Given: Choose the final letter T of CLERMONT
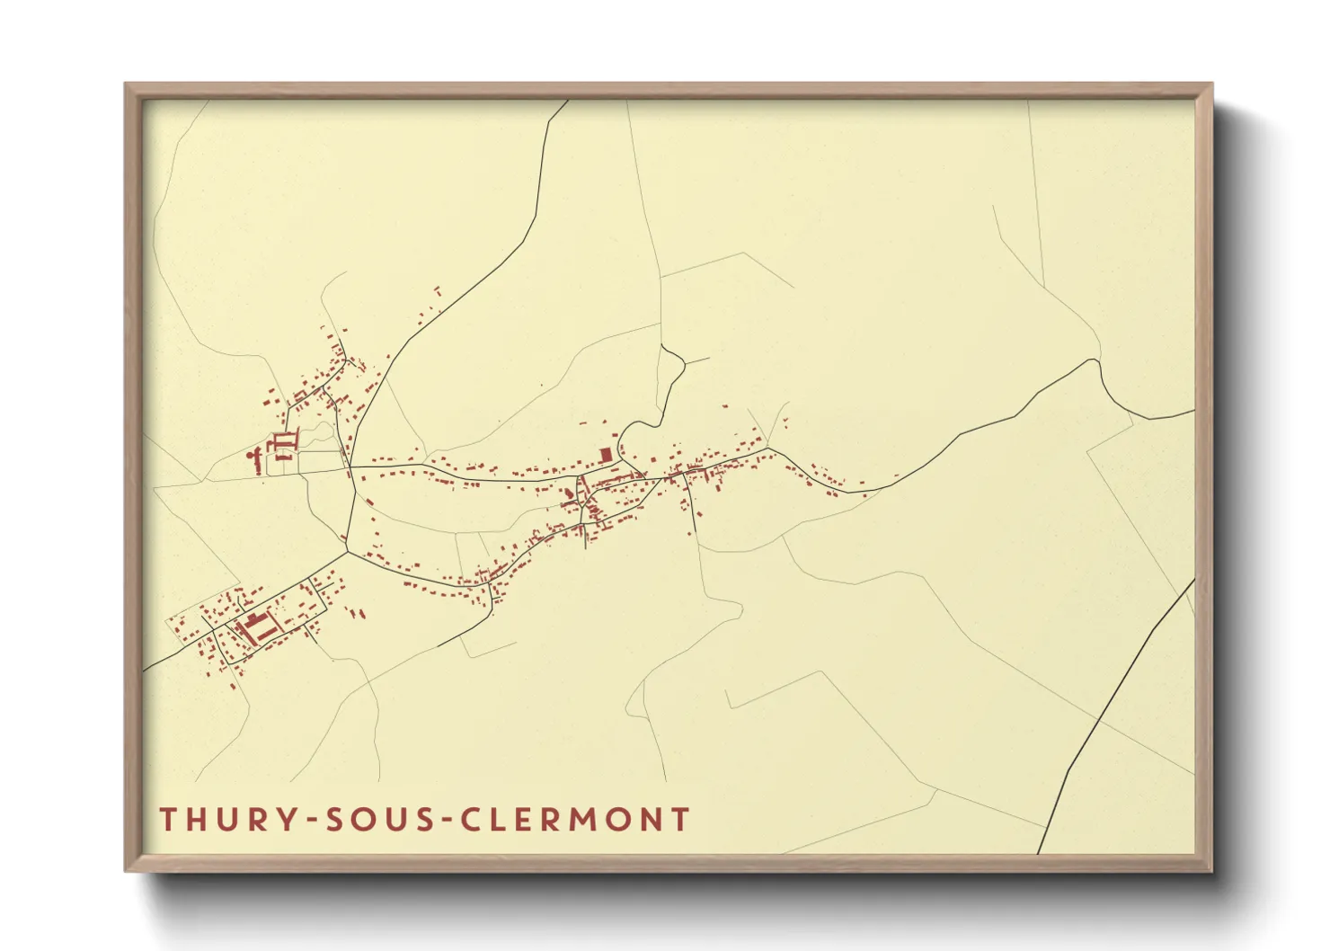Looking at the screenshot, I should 681,820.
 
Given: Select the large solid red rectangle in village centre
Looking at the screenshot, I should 606,454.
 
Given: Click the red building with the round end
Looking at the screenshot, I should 251,456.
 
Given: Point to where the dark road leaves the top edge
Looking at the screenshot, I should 567,101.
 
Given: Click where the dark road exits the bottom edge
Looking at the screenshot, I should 1039,852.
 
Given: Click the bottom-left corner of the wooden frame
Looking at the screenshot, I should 127,870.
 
